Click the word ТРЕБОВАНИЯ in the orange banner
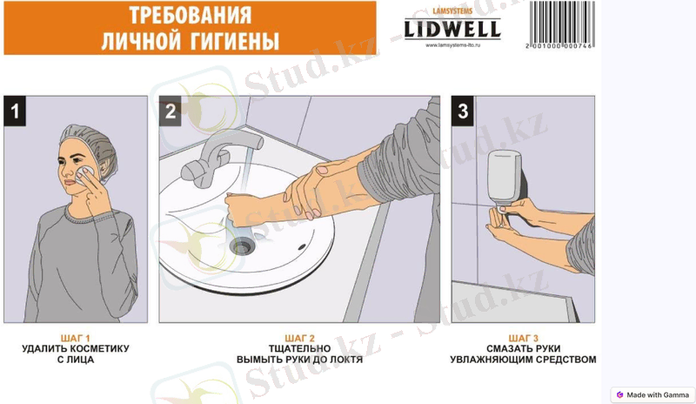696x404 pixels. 191,15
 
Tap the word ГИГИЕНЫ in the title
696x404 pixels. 235,41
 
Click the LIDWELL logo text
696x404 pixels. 452,30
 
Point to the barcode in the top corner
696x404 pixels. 561,24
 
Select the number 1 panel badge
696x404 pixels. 15,111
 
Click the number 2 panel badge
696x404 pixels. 171,111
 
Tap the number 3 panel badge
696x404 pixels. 463,111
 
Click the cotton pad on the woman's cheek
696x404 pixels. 84,175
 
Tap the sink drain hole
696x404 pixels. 242,246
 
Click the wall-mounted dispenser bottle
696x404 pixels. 505,178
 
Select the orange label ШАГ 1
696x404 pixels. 76,338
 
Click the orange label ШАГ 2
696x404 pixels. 299,338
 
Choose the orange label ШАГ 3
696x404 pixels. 524,338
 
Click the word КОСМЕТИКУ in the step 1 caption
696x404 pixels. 98,349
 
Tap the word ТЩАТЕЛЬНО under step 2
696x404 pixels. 299,349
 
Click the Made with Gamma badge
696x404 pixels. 652,394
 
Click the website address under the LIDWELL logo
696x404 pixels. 452,45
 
